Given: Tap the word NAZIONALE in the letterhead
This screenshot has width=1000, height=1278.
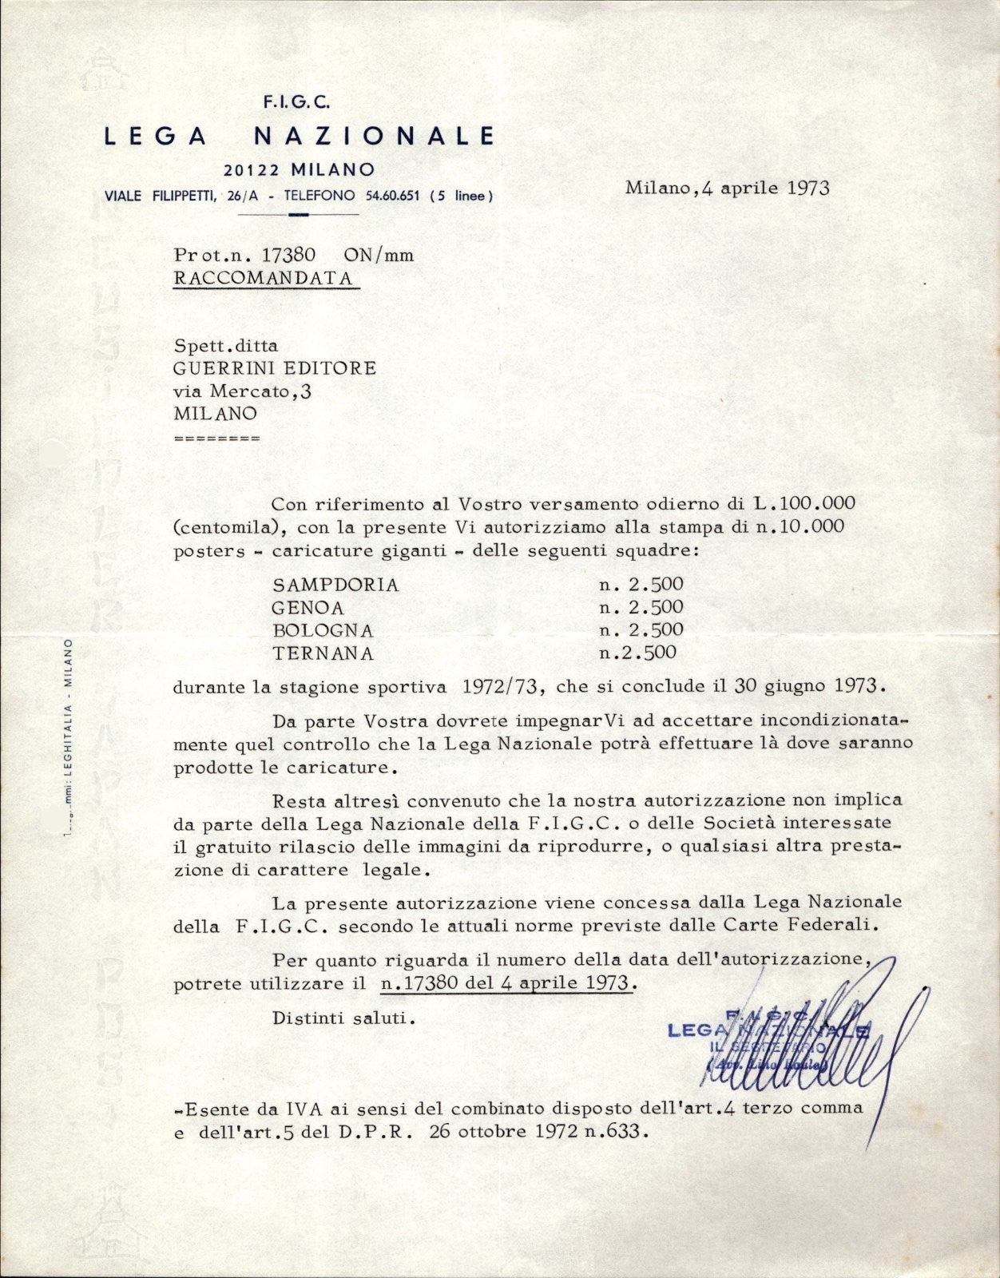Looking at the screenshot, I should coord(374,135).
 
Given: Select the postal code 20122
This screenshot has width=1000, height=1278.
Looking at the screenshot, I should coord(254,169).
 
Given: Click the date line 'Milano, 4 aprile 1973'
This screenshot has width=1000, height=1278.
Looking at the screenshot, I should coord(727,189).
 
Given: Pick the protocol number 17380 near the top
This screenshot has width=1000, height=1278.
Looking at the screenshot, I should coord(289,255).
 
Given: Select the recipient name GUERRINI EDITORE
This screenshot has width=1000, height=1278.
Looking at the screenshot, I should coord(275,368).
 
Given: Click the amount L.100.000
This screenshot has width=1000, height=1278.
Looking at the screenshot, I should coord(804,503).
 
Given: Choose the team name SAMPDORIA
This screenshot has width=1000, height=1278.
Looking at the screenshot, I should coord(335,585).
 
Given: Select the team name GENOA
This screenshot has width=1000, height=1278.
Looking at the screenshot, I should coord(308,607).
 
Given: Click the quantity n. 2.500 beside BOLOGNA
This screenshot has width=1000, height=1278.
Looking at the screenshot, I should coord(641,629).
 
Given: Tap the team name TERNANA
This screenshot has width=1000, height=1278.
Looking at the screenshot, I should coord(323,653).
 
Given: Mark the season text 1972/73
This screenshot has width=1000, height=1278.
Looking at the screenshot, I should coord(502,685).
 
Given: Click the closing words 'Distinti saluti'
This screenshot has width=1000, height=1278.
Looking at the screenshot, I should coord(343,1018).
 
